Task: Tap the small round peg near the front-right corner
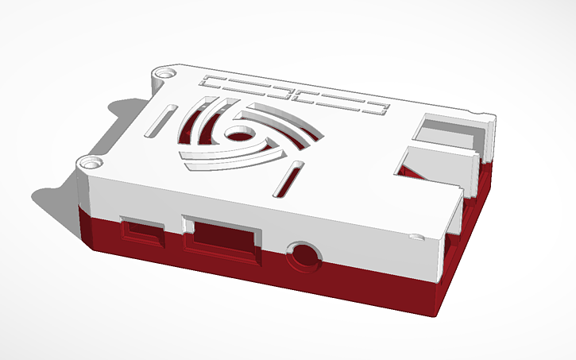pos(414,236)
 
